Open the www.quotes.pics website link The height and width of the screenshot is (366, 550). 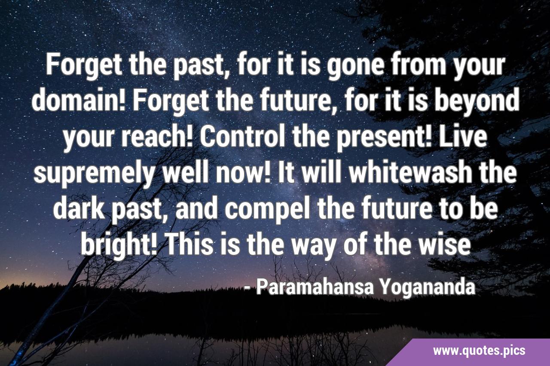coord(479,351)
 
